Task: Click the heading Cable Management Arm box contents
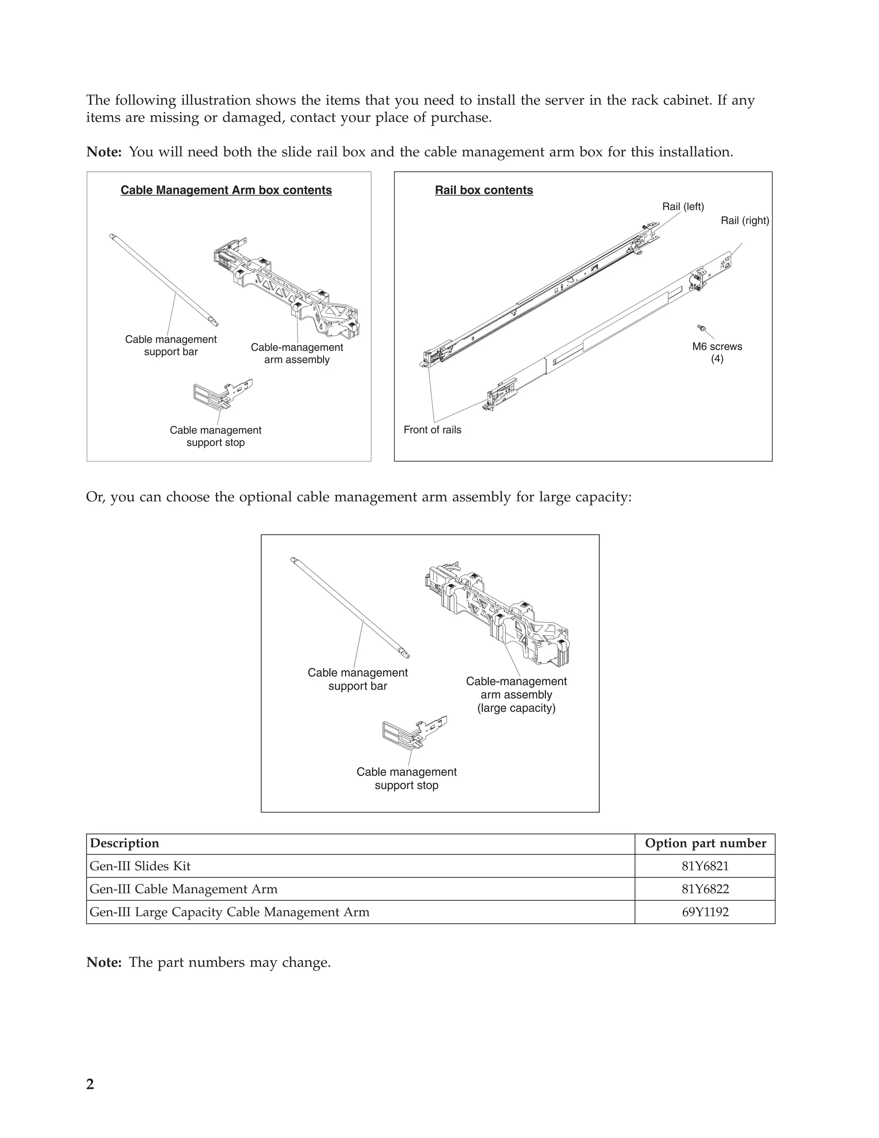click(x=226, y=190)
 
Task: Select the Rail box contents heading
click(x=484, y=190)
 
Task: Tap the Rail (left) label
click(x=682, y=207)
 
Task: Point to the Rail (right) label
click(x=745, y=220)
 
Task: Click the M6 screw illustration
click(x=701, y=328)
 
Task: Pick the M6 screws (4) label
click(x=717, y=352)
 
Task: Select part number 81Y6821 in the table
click(x=705, y=866)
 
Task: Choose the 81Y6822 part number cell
click(x=705, y=889)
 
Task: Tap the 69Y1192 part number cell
click(x=705, y=912)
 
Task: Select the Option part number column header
click(x=705, y=843)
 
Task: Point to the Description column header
click(x=124, y=843)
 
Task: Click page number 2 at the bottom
click(x=90, y=1084)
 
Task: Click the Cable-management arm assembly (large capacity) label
click(x=516, y=695)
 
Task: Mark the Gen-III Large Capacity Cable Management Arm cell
click(x=229, y=912)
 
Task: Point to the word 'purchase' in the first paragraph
click(x=460, y=117)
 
